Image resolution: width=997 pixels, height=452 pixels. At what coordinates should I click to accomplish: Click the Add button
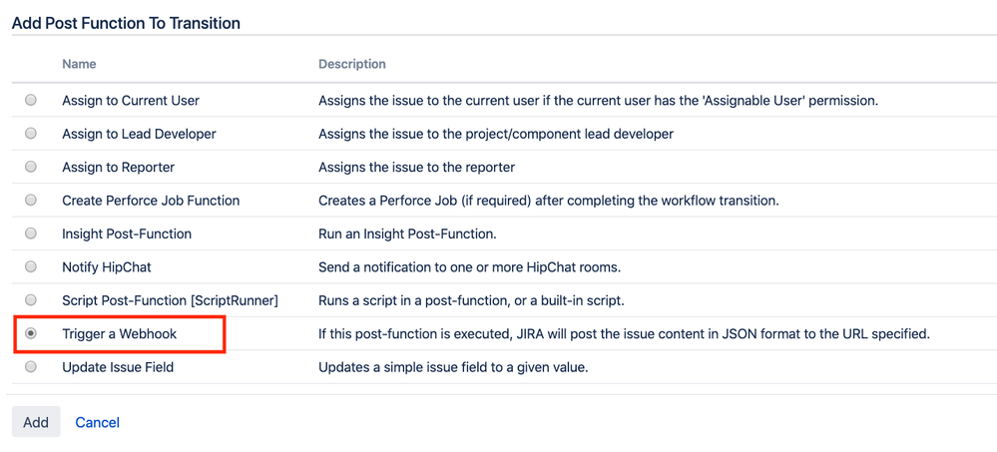pyautogui.click(x=36, y=422)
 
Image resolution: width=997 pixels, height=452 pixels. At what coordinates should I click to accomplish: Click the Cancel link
pyautogui.click(x=97, y=423)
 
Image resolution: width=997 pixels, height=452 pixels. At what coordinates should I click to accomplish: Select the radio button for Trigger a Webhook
pyautogui.click(x=31, y=333)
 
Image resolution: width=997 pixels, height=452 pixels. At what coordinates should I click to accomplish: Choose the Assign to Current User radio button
pyautogui.click(x=31, y=100)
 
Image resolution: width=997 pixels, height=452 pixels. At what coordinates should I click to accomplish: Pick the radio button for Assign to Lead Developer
pyautogui.click(x=31, y=134)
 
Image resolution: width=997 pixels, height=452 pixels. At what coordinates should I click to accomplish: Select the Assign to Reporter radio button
pyautogui.click(x=31, y=167)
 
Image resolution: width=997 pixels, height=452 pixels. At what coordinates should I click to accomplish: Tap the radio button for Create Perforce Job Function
pyautogui.click(x=31, y=201)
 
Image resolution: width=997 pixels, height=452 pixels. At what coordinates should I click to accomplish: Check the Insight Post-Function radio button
pyautogui.click(x=31, y=233)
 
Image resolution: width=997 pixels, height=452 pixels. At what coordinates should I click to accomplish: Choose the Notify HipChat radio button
pyautogui.click(x=31, y=266)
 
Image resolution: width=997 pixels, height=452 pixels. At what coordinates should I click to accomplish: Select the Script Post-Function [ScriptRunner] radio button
pyautogui.click(x=31, y=299)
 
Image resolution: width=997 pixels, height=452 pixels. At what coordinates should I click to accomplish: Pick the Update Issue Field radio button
pyautogui.click(x=31, y=367)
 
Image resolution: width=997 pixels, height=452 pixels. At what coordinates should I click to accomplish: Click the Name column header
pyautogui.click(x=79, y=64)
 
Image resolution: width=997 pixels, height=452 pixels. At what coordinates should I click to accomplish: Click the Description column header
pyautogui.click(x=351, y=64)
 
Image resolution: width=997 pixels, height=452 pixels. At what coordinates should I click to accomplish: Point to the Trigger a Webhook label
pyautogui.click(x=120, y=333)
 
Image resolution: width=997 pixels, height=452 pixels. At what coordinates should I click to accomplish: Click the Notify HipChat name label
pyautogui.click(x=107, y=267)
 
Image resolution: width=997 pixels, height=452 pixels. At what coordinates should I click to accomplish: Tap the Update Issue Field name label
pyautogui.click(x=118, y=367)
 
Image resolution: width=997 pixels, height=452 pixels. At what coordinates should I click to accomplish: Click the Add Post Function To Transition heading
pyautogui.click(x=126, y=24)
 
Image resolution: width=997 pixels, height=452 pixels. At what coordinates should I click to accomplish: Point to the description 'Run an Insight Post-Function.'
pyautogui.click(x=407, y=233)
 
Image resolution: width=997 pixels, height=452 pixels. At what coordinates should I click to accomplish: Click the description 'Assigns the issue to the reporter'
pyautogui.click(x=416, y=168)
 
